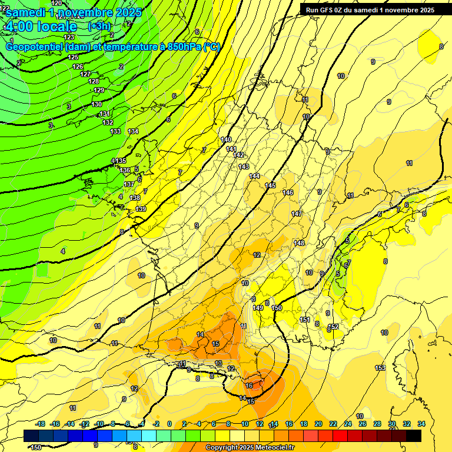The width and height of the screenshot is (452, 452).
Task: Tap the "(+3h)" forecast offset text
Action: coord(99,26)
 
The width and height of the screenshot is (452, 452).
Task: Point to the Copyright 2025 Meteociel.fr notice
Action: coord(249,448)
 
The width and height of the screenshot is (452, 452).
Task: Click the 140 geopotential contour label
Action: coord(226,139)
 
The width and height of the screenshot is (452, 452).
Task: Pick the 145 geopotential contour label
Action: coord(270,185)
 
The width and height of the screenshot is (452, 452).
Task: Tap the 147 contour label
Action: coord(297,214)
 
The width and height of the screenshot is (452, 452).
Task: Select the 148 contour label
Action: coord(300,243)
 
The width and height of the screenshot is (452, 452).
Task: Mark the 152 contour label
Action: coord(334,327)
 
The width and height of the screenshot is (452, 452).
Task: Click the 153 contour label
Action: coord(380,368)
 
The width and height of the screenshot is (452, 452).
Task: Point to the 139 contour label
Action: coord(141,209)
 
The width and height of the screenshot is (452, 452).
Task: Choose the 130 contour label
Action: coord(97,104)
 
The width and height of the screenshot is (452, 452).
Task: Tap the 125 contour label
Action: coord(73,57)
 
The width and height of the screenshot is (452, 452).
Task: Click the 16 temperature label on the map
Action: coord(250,385)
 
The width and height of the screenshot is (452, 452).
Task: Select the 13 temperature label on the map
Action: coord(218,363)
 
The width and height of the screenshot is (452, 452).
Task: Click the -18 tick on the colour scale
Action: coord(40,424)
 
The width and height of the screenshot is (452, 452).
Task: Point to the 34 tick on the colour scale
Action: coord(421,424)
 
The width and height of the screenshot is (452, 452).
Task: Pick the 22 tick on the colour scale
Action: coord(333,424)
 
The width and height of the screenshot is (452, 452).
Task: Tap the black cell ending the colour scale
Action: coord(414,436)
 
